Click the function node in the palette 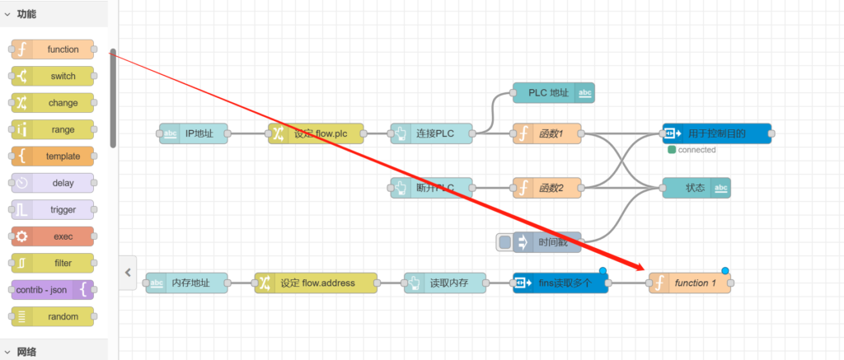[x=53, y=49]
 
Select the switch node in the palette [x=53, y=77]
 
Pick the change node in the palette [x=53, y=103]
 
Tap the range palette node [x=53, y=129]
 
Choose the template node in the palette [x=53, y=157]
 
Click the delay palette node [x=53, y=183]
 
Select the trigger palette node [x=53, y=209]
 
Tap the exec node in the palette [x=53, y=236]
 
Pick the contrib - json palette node [x=53, y=289]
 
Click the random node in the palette [x=53, y=316]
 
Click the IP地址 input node [x=194, y=133]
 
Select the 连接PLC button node [x=433, y=133]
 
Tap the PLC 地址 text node [x=553, y=93]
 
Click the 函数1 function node [x=547, y=133]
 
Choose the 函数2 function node [x=547, y=188]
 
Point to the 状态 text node [x=696, y=188]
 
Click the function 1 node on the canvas [x=690, y=283]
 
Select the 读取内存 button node [x=445, y=283]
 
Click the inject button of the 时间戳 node [x=504, y=242]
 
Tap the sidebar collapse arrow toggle [x=128, y=273]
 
